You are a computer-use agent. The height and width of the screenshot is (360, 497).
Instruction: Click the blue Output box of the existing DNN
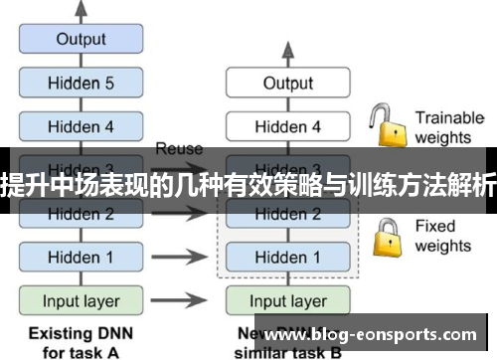coord(81,40)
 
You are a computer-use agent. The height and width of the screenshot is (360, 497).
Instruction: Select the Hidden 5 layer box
coord(81,84)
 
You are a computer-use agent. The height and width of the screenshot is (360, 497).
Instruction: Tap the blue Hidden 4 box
coord(81,126)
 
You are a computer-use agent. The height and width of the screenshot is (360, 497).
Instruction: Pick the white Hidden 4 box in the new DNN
coord(287,126)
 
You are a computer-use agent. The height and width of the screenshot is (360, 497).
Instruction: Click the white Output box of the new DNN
coord(287,84)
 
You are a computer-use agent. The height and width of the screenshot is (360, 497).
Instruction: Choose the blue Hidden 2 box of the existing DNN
coord(81,213)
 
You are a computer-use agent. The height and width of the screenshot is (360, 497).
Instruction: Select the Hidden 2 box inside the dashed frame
coord(287,213)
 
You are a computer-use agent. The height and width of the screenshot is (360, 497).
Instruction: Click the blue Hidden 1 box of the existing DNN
coord(81,257)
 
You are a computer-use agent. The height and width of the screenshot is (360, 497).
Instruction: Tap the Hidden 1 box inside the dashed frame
coord(287,257)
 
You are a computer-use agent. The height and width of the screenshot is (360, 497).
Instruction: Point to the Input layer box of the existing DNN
coord(81,300)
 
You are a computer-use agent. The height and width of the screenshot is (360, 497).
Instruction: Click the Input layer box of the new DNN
coord(287,300)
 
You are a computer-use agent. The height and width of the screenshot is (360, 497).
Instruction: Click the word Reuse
coord(179,148)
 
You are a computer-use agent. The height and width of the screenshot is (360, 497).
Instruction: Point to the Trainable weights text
coord(448,126)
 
